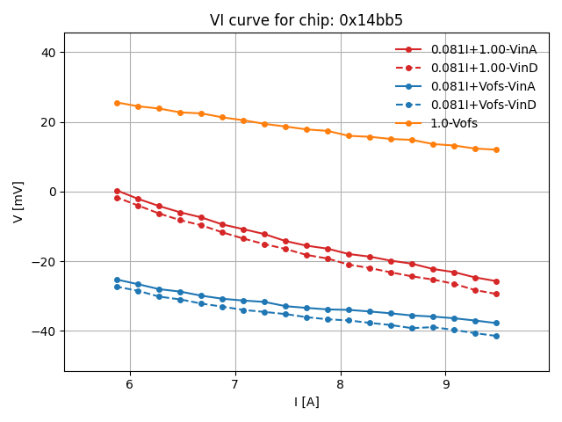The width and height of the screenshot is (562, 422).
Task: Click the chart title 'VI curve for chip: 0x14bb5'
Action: [x=306, y=20]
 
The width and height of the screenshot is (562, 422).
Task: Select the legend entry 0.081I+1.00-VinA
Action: [x=483, y=49]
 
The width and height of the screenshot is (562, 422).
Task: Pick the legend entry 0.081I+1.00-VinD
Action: [x=483, y=68]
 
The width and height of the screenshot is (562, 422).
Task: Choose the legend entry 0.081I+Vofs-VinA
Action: [x=483, y=86]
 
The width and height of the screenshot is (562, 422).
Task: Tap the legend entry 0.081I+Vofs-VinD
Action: [x=483, y=105]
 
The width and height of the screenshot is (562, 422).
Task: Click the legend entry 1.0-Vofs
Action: [x=454, y=123]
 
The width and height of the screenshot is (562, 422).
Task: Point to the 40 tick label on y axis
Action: [x=49, y=53]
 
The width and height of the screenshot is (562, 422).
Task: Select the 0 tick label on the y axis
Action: [x=53, y=192]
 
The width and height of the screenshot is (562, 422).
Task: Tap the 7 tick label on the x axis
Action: [x=235, y=384]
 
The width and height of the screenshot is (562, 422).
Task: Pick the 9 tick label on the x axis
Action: [x=445, y=384]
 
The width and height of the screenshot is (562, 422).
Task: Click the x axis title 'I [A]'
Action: [x=306, y=402]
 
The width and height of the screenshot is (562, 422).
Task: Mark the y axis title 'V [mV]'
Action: [x=18, y=202]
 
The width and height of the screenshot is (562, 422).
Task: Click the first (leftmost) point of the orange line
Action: [x=117, y=103]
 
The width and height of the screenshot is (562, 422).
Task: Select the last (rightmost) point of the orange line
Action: [x=496, y=149]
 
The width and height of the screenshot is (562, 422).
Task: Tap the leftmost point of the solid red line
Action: [x=117, y=191]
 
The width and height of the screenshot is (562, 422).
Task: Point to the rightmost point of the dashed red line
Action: [x=496, y=294]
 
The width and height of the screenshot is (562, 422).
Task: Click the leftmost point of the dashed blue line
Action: [x=117, y=287]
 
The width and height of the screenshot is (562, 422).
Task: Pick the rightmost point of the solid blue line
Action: [x=496, y=323]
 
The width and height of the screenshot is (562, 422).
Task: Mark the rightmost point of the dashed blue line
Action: [x=496, y=336]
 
